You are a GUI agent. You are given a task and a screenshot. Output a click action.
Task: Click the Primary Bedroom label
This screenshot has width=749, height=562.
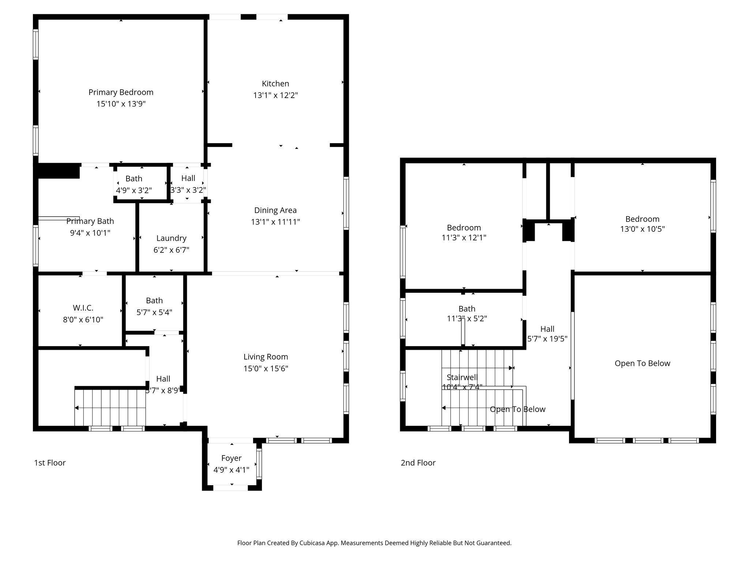[121, 92]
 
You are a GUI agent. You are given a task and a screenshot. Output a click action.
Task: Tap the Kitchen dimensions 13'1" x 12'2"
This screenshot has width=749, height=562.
[275, 95]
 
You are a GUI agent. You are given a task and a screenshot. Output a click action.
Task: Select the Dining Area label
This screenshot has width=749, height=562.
[275, 210]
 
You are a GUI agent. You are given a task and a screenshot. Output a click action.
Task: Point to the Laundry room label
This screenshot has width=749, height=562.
[171, 238]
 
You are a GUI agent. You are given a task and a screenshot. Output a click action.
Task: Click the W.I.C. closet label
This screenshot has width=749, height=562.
[83, 308]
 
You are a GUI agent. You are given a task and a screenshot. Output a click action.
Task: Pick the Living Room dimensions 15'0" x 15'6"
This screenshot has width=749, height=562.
[266, 368]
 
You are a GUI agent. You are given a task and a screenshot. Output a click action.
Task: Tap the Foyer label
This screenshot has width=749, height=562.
[231, 458]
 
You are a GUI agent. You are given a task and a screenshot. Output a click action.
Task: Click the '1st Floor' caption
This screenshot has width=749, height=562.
[50, 463]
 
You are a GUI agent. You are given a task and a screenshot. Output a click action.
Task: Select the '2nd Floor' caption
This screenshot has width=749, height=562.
[418, 463]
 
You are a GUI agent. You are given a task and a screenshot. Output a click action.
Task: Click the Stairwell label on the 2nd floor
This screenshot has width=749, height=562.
[462, 377]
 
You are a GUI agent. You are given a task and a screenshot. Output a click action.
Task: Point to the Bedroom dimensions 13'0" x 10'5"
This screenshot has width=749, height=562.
[642, 229]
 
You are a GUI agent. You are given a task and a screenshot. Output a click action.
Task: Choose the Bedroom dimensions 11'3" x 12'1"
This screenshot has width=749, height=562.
[464, 237]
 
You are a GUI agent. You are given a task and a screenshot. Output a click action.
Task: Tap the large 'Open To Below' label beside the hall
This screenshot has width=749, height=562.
[642, 363]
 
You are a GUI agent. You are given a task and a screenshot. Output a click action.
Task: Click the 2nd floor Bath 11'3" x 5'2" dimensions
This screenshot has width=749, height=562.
[467, 319]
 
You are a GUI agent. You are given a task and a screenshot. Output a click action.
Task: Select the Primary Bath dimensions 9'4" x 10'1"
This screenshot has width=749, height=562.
[90, 233]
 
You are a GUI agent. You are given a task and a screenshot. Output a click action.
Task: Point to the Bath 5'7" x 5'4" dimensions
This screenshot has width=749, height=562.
[154, 312]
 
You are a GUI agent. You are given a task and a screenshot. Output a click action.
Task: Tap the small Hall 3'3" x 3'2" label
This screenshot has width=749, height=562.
[188, 178]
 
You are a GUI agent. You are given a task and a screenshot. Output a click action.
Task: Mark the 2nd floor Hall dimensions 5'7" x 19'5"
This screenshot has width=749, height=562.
[547, 339]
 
